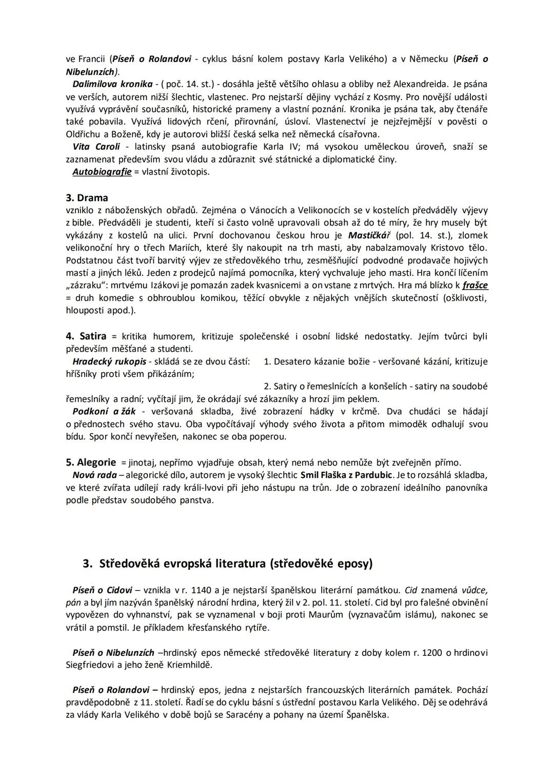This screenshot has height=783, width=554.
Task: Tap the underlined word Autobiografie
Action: click(x=102, y=172)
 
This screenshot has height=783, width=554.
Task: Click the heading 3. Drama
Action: click(x=87, y=198)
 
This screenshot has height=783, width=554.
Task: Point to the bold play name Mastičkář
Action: click(x=369, y=235)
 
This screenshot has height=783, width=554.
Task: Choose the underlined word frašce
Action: click(x=475, y=285)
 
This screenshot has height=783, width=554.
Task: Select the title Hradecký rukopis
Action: click(x=109, y=362)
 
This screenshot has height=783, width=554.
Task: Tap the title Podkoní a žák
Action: click(x=104, y=412)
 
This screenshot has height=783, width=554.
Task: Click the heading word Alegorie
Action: click(x=96, y=463)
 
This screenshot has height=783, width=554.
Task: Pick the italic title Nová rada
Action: click(x=94, y=475)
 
